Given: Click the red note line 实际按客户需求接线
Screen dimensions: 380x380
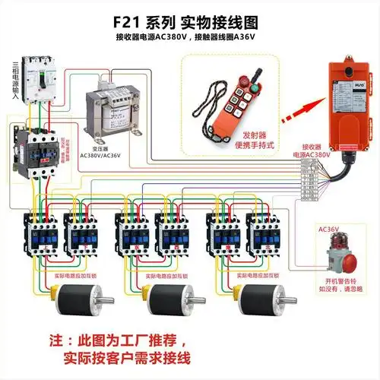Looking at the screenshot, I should click(x=126, y=357).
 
